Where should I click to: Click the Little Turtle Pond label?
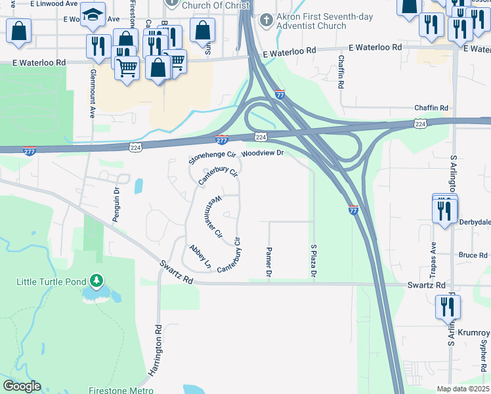[x=51, y=282]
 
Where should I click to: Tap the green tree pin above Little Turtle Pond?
[x=96, y=281]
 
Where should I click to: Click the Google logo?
[x=22, y=386]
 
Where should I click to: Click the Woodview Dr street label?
[x=262, y=153]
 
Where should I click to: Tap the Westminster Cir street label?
[x=215, y=217]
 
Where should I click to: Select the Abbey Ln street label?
[x=200, y=257]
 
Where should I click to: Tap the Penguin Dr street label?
[x=116, y=204]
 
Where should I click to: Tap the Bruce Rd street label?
[x=473, y=255]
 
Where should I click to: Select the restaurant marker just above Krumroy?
[x=448, y=307]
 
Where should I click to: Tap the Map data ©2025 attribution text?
[x=463, y=389]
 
